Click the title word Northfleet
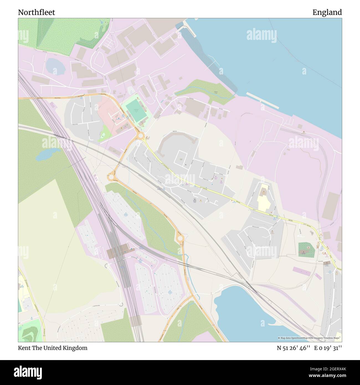[x=37, y=12]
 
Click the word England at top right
[x=327, y=12]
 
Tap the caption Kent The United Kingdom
[x=53, y=348]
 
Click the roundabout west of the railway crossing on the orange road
[x=112, y=176]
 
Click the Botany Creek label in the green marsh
[x=216, y=93]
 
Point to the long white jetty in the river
[x=262, y=100]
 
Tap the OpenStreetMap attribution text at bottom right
[x=310, y=338]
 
